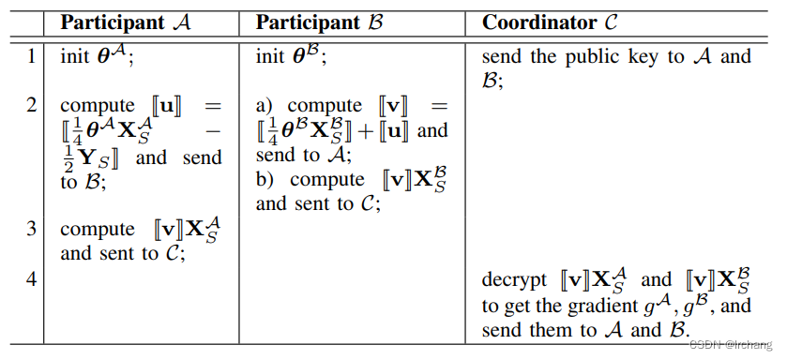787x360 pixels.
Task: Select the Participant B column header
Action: [322, 21]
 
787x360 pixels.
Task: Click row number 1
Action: [31, 57]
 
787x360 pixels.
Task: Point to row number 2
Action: [31, 105]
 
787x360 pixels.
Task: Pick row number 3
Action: [31, 230]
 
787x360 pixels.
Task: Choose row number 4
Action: [31, 279]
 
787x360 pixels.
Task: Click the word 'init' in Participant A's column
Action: [75, 57]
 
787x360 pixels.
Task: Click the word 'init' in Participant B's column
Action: [271, 57]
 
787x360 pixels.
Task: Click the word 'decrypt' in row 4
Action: [514, 279]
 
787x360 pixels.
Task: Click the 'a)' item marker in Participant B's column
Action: [265, 105]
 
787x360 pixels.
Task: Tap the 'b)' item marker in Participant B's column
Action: [266, 179]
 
